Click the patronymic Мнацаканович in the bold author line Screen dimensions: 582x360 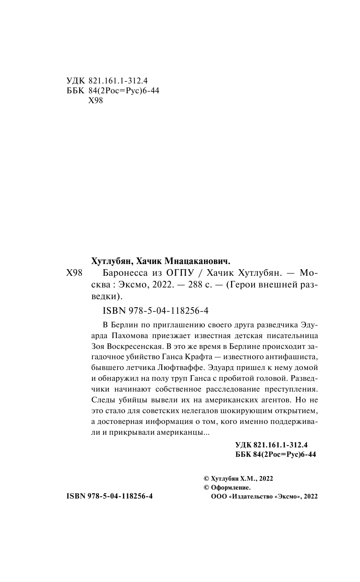tap(197, 261)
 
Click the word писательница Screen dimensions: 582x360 tap(295, 336)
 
